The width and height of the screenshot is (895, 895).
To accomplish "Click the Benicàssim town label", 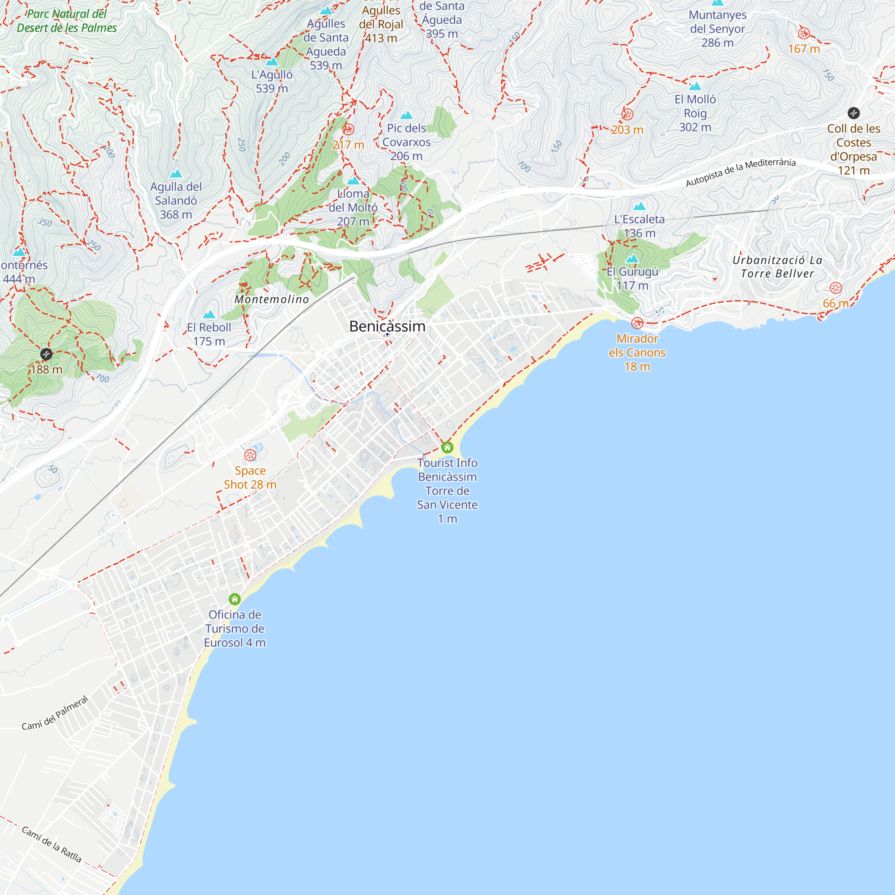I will (387, 326).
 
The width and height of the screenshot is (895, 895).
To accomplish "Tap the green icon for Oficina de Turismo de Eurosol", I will (235, 599).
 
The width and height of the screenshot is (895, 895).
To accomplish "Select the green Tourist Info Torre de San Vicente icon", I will (447, 447).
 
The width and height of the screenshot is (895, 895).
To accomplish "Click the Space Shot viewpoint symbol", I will (250, 455).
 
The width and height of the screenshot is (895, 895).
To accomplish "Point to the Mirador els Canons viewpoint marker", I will (637, 323).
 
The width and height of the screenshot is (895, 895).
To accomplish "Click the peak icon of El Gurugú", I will (632, 259).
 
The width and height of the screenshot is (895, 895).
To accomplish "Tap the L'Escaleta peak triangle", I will (639, 206).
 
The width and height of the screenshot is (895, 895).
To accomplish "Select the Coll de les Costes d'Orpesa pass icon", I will (853, 113).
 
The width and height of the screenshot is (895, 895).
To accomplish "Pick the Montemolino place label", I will (272, 299).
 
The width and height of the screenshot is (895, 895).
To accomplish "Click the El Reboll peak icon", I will (209, 315).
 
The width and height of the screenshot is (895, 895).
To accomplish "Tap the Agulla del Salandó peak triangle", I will (175, 174).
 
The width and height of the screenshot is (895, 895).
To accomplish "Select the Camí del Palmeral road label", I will (55, 713).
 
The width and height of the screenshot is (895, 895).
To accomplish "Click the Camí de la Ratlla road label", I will (51, 844).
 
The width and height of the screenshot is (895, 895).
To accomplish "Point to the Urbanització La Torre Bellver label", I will (777, 267).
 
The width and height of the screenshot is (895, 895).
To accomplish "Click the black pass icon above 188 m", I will (46, 354).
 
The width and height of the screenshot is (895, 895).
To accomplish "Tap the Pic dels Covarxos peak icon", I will (406, 115).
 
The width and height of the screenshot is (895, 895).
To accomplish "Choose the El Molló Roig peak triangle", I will (695, 86).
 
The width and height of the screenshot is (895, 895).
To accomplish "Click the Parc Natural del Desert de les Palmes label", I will (67, 21).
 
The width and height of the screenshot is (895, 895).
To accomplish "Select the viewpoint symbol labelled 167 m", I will (804, 34).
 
